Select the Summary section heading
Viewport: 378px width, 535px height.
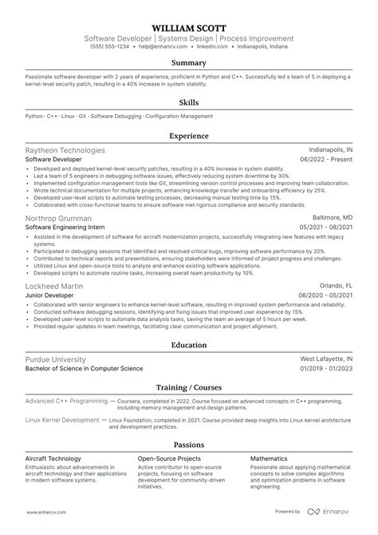click(188, 63)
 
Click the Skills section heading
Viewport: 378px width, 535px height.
click(188, 103)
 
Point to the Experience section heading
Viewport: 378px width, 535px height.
click(188, 137)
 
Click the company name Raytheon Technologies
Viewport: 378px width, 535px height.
click(65, 150)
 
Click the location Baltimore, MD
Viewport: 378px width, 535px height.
click(331, 218)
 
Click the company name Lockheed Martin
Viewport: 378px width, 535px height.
click(53, 285)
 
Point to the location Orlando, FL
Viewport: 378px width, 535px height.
click(335, 285)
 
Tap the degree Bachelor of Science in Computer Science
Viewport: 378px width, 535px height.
click(84, 369)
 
